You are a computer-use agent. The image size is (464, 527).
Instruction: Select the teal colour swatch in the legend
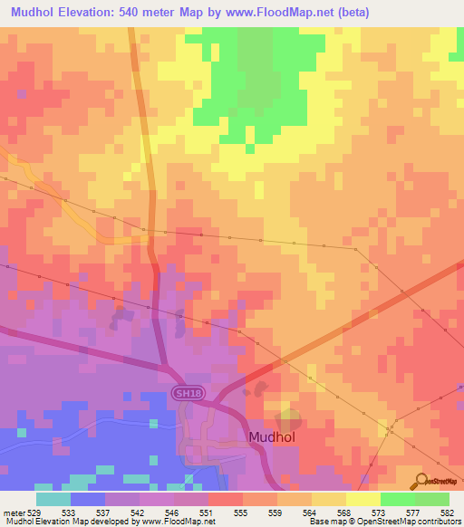(x=53, y=499)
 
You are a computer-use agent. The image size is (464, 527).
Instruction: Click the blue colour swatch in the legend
(x=88, y=499)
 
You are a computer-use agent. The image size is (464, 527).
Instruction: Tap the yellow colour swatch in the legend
(x=362, y=499)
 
